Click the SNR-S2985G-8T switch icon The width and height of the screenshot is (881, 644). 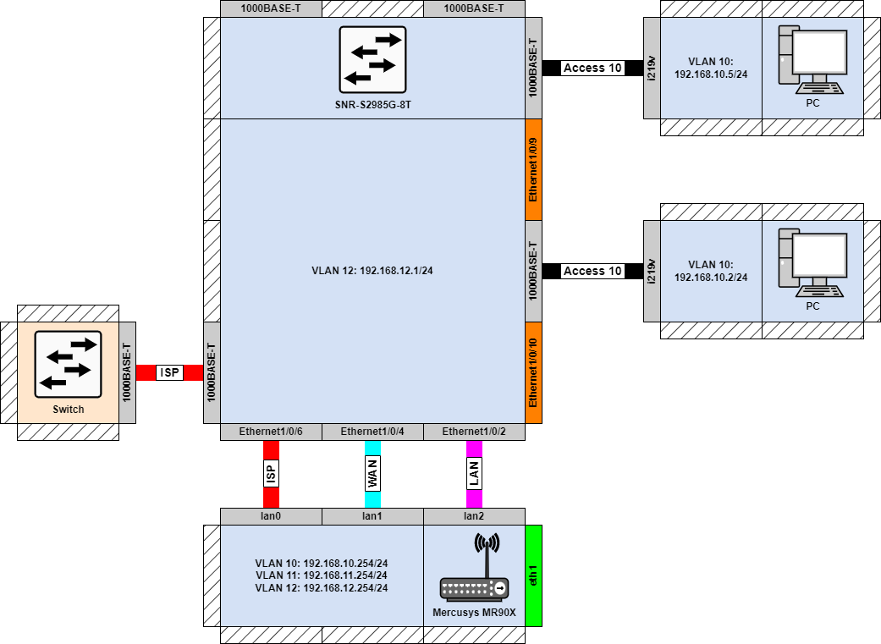[372, 59]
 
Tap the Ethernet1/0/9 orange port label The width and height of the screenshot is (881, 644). [533, 169]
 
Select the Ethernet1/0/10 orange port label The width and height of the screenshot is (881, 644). [533, 372]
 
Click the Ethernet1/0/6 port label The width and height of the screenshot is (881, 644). [271, 432]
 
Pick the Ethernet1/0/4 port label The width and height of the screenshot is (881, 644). [372, 432]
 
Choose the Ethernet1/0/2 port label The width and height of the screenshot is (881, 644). [474, 432]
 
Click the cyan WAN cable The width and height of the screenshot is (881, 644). [372, 474]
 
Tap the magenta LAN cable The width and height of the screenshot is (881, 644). [474, 474]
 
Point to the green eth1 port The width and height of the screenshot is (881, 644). [533, 575]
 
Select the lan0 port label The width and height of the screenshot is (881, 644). [271, 516]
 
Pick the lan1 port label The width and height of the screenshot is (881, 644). [372, 516]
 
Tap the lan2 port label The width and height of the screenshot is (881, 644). [474, 516]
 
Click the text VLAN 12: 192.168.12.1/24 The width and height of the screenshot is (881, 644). [372, 271]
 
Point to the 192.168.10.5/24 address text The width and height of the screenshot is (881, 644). [711, 74]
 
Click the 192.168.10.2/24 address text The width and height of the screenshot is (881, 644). [711, 277]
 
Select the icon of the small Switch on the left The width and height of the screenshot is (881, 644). [68, 364]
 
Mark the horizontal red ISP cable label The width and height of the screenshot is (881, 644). [169, 372]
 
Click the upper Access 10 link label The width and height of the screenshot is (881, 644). [592, 68]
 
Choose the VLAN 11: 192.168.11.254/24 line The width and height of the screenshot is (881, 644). [322, 575]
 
